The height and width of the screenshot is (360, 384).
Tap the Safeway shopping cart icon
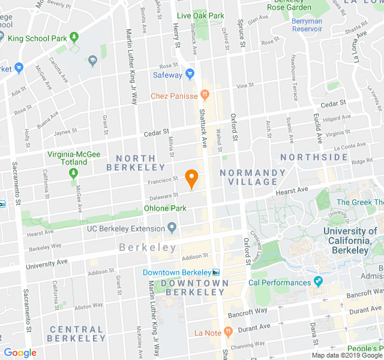pyautogui.click(x=190, y=75)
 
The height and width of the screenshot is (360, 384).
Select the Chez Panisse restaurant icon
pyautogui.click(x=205, y=95)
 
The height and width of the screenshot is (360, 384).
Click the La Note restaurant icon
pyautogui.click(x=228, y=332)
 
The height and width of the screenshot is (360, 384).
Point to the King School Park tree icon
pyautogui.click(x=74, y=38)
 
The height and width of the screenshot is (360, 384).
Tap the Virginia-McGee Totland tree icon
pyautogui.click(x=74, y=174)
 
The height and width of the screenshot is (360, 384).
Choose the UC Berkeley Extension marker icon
pyautogui.click(x=172, y=228)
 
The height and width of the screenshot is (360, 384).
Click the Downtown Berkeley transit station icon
pyautogui.click(x=217, y=272)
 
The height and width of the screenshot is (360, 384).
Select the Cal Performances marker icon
pyautogui.click(x=319, y=282)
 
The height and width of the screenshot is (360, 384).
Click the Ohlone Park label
pyautogui.click(x=165, y=208)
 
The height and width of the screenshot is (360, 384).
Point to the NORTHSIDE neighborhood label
pyautogui.click(x=314, y=157)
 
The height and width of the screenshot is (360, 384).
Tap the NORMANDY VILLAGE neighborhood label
pyautogui.click(x=253, y=178)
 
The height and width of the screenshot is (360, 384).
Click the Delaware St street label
pyautogui.click(x=163, y=196)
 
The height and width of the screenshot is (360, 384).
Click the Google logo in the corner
pyautogui.click(x=20, y=353)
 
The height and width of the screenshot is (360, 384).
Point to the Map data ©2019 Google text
pyautogui.click(x=346, y=355)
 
